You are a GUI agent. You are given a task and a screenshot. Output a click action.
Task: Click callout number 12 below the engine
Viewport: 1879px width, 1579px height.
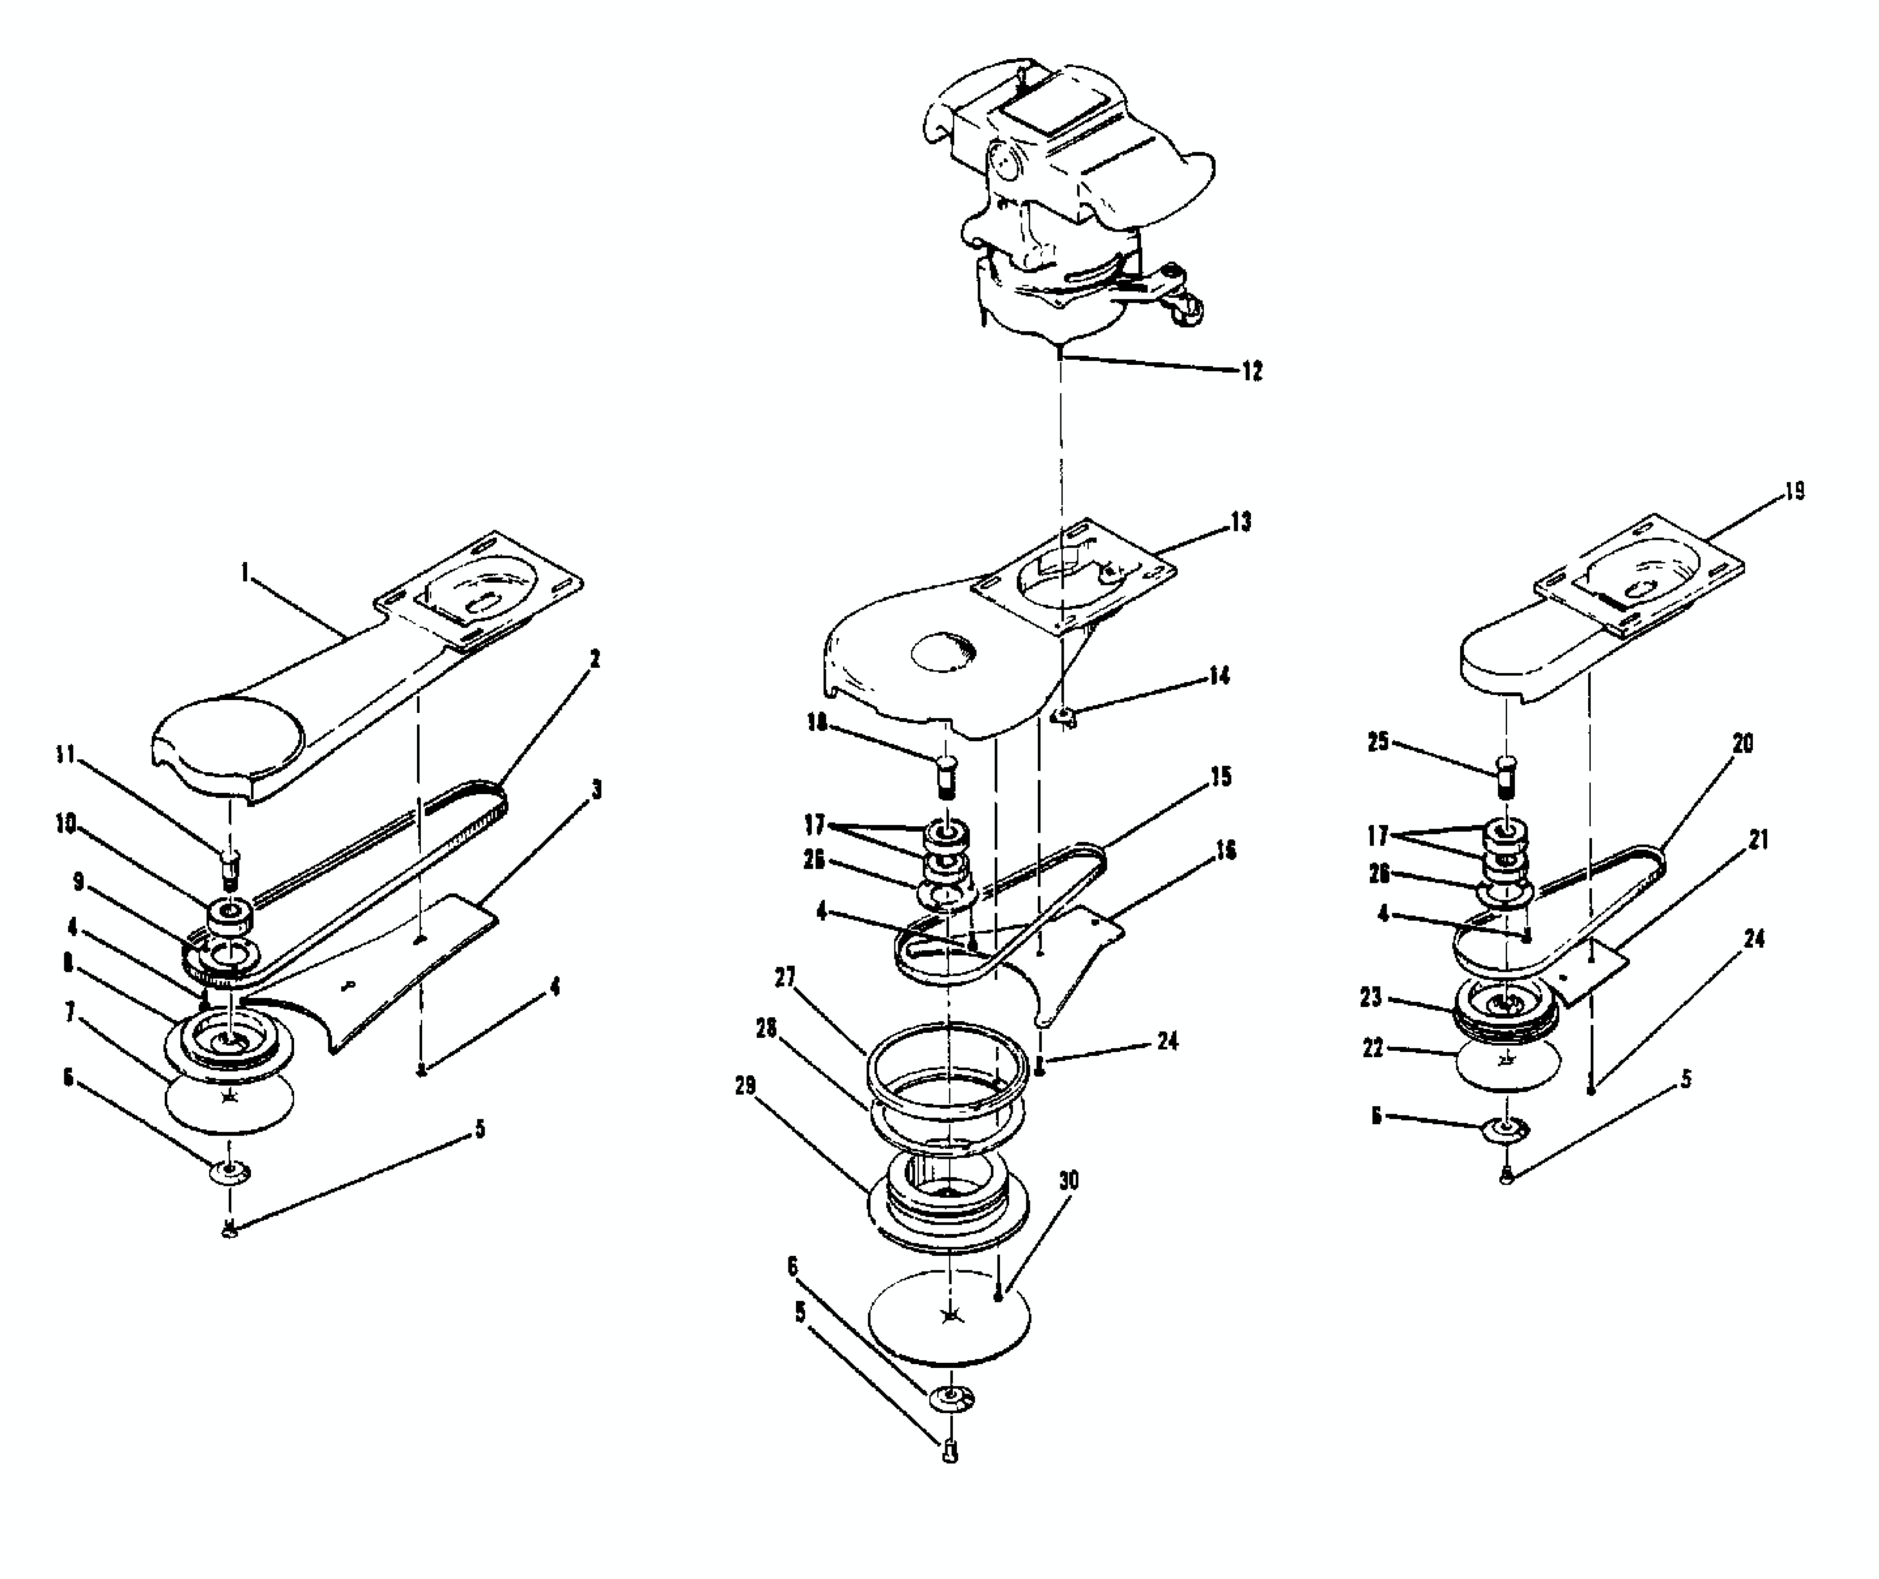(1252, 371)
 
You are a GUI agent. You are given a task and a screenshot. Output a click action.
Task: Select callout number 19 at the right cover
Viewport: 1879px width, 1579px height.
(1794, 492)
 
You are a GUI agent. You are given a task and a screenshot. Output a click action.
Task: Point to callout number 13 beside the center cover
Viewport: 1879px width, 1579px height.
(1241, 522)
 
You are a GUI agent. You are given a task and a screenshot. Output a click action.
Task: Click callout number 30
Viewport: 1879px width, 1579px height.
(1068, 1180)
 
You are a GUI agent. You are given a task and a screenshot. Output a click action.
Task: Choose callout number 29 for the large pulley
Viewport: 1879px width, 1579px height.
(744, 1085)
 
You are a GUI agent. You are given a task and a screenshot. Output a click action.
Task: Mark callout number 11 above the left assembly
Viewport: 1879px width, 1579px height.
(64, 755)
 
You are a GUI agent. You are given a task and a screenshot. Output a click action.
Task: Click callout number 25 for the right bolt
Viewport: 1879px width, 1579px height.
(1378, 741)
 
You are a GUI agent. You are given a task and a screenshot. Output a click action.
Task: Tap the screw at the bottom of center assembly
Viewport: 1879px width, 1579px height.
(950, 1452)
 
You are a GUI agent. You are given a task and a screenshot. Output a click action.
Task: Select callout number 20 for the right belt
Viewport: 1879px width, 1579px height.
(1742, 743)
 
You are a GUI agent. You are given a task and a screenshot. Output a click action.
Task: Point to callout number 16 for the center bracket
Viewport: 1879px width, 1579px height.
(1225, 851)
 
